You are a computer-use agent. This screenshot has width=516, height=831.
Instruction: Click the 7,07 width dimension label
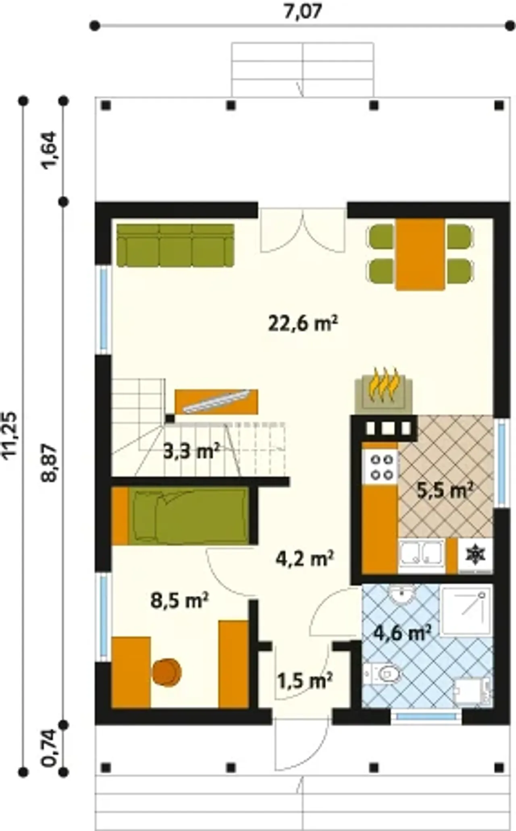[303, 11]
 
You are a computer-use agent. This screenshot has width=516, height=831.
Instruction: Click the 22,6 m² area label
[303, 324]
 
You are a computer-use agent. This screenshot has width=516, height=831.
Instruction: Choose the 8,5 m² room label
[179, 601]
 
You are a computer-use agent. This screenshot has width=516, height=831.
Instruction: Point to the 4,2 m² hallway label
[305, 559]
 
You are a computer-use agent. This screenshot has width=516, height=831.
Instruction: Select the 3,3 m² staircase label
[191, 451]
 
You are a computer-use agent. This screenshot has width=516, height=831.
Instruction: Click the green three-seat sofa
[175, 245]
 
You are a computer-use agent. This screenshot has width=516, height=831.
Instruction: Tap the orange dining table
[420, 254]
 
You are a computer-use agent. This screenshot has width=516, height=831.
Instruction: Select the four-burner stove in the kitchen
[381, 466]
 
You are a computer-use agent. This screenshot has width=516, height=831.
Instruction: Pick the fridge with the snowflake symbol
[475, 555]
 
